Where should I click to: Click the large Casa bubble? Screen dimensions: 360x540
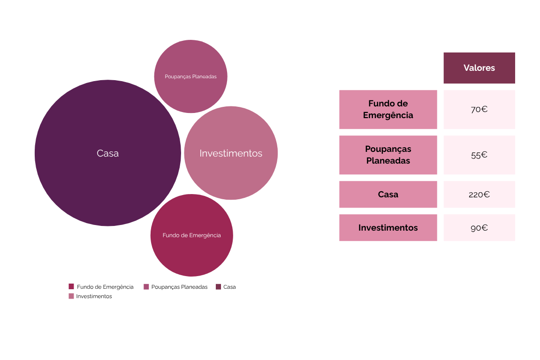point(107,153)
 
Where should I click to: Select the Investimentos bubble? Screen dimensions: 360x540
point(231,153)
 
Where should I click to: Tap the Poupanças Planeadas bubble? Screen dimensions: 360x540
point(190,76)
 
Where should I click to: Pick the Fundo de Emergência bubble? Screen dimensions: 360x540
point(191,235)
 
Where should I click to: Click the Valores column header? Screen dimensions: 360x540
point(479,68)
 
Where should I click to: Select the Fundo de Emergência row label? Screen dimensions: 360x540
point(388,109)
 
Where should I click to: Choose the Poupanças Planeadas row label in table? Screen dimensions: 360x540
point(388,155)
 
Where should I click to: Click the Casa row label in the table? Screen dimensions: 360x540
point(388,194)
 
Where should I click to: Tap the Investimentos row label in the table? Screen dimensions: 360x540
point(388,228)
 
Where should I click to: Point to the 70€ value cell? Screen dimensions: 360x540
point(479,109)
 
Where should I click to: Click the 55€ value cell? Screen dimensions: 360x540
point(479,155)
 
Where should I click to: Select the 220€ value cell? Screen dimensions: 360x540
point(479,194)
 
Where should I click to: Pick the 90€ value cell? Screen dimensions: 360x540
point(479,228)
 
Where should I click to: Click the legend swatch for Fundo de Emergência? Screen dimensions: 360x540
point(71,286)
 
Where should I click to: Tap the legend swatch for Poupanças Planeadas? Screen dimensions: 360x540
point(146,286)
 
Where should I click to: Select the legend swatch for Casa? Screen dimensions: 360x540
point(218,286)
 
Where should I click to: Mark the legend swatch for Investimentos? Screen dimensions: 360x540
point(71,296)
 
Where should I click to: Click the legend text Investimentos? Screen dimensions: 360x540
point(94,296)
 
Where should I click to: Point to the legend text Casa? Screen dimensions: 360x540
point(229,287)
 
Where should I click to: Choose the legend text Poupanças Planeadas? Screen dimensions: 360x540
point(179,287)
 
